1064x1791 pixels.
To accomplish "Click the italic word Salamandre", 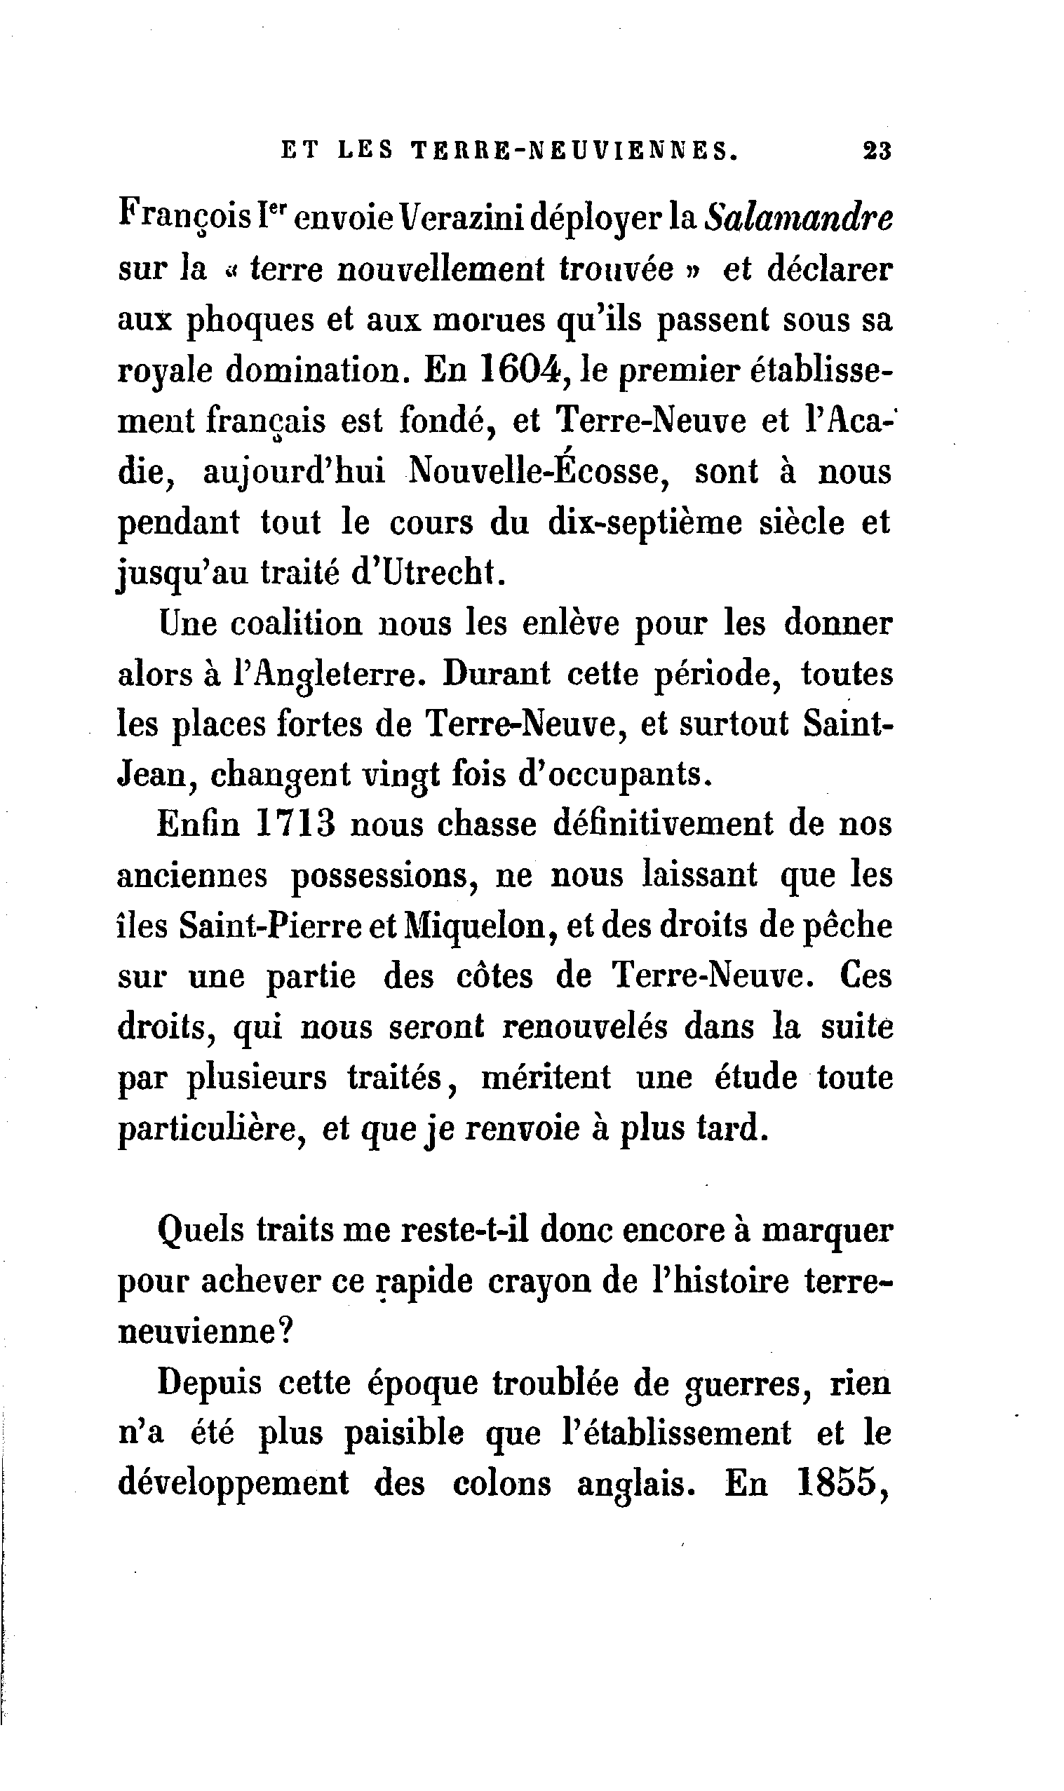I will [x=799, y=219].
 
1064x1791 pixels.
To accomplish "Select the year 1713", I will [x=295, y=824].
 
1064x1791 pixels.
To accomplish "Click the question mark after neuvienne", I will [x=285, y=1332].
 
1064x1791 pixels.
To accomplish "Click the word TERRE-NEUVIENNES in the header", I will [x=574, y=151].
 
